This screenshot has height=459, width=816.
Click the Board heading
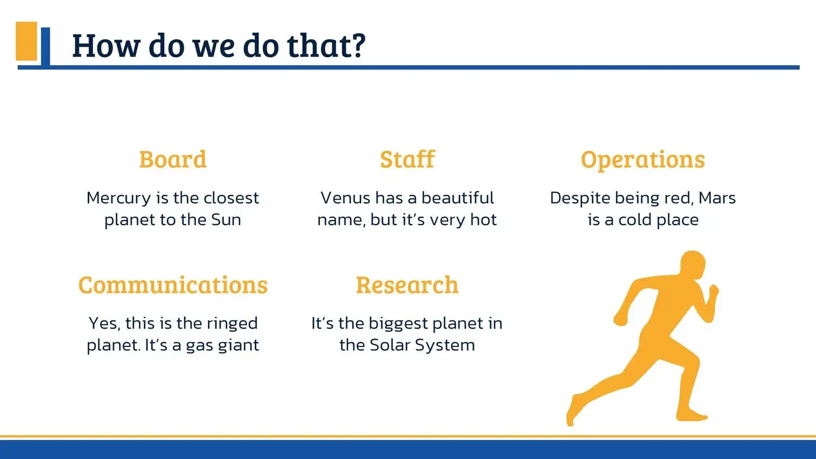click(x=172, y=159)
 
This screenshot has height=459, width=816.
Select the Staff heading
click(x=407, y=159)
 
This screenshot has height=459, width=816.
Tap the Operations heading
click(x=643, y=160)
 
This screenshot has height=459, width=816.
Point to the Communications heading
click(x=173, y=285)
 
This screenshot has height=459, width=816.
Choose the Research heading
click(x=407, y=285)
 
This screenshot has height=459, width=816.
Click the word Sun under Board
click(x=226, y=220)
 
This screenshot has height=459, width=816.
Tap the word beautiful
click(x=458, y=198)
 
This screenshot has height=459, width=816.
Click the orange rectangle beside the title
click(x=26, y=41)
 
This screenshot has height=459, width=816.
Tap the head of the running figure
click(x=692, y=264)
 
